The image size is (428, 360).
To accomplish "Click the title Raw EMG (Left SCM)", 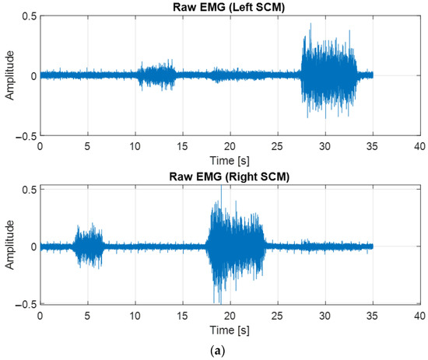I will (x=230, y=8).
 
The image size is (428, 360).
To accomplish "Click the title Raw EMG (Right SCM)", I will (x=230, y=178).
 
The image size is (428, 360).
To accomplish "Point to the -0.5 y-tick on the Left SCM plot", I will (x=25, y=135).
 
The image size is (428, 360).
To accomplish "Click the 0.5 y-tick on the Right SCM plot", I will (x=27, y=189).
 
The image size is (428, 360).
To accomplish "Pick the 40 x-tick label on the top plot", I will (x=419, y=145).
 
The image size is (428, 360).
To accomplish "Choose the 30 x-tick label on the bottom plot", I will (x=325, y=316).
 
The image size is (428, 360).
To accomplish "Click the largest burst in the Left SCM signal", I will (x=329, y=75).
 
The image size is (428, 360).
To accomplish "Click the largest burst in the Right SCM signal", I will (x=235, y=246).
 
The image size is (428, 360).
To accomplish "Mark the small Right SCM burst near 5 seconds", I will (x=88, y=246).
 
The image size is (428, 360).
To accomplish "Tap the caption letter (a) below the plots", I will (x=230, y=350).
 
